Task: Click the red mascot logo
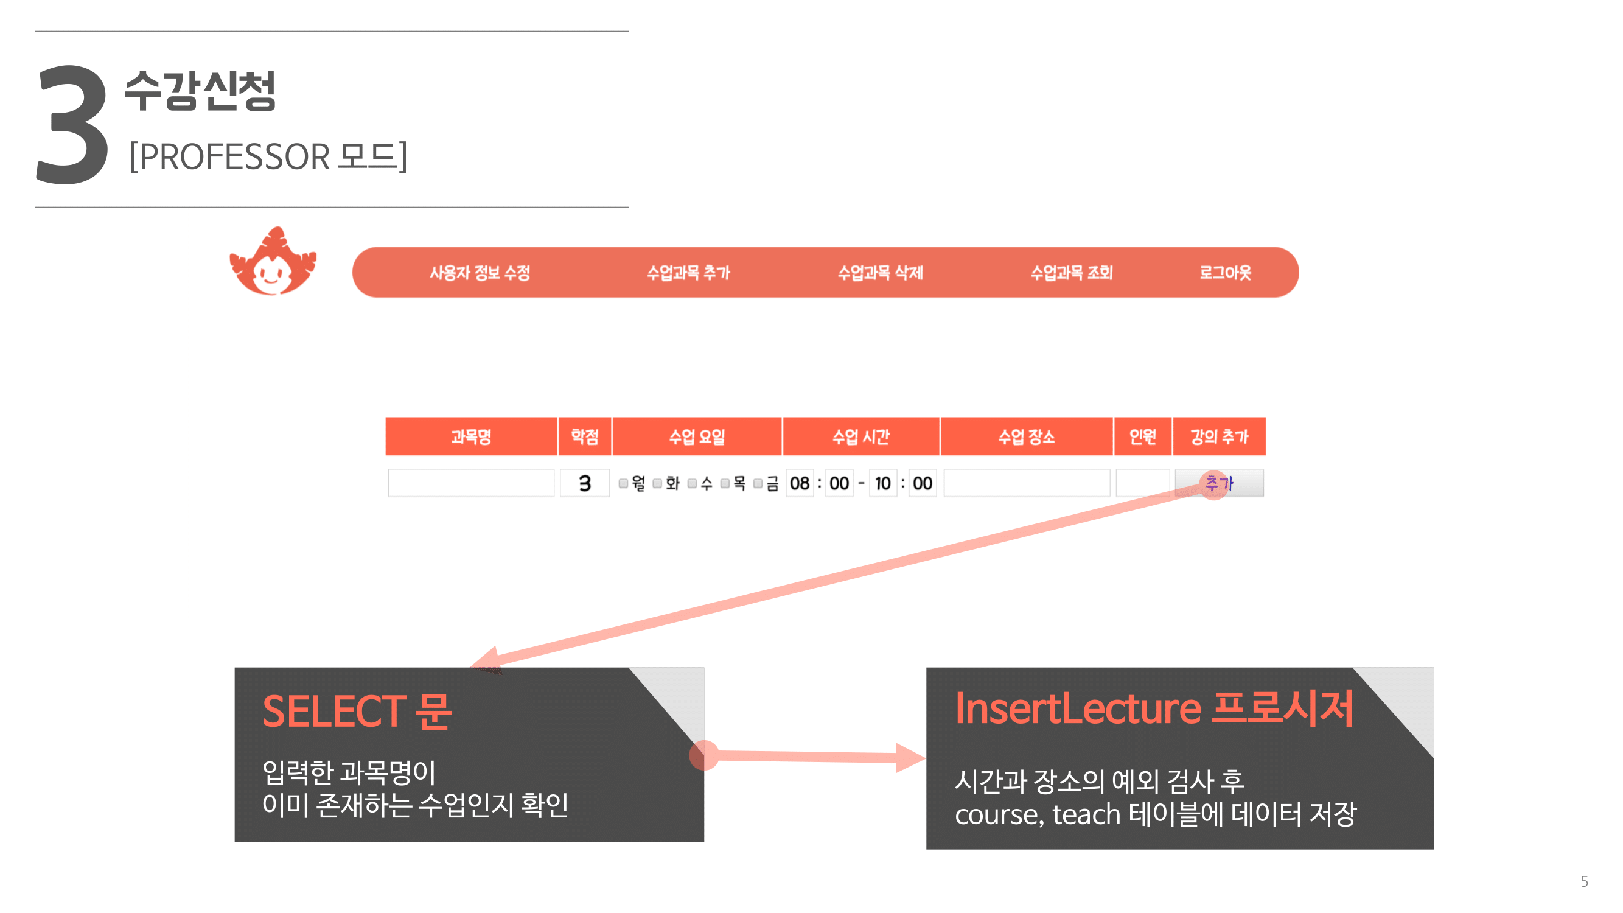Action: (273, 262)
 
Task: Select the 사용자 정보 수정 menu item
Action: (480, 273)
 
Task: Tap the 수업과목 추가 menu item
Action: (688, 273)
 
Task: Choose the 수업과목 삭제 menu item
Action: (880, 273)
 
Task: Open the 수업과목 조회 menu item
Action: (1071, 273)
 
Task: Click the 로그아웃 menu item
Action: (1225, 273)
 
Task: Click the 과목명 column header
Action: (471, 436)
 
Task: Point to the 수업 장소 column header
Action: (1027, 436)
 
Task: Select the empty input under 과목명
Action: (471, 483)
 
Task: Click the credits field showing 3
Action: (585, 483)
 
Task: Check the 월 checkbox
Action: (623, 483)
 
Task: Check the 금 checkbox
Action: (758, 483)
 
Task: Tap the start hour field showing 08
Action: (800, 483)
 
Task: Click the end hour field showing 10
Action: (882, 483)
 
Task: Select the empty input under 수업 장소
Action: (1027, 483)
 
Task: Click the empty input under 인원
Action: (1142, 483)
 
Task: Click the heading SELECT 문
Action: (357, 712)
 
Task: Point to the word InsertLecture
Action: (1078, 708)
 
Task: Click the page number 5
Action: (1584, 881)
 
